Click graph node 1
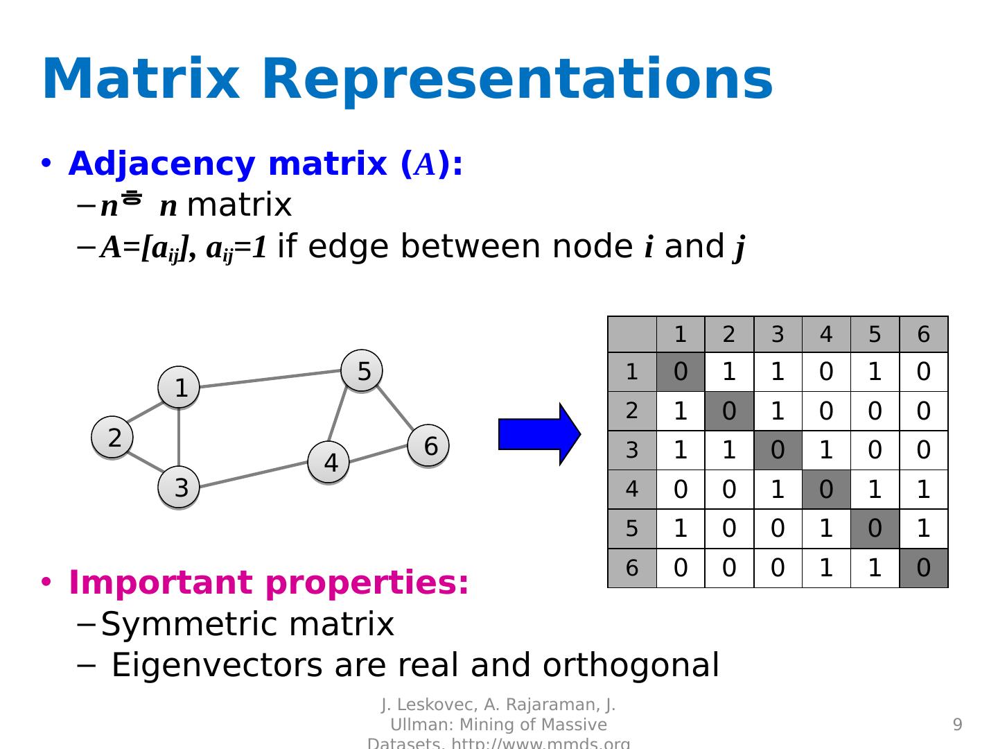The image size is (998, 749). coord(179,387)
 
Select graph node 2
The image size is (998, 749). coord(112,438)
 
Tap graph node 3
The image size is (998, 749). coord(179,488)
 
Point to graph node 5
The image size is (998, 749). coord(362,371)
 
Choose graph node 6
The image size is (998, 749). coord(428,446)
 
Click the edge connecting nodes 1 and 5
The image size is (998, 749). coord(270,378)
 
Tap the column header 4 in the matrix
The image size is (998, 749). coord(826,334)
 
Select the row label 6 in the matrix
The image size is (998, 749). coord(632,568)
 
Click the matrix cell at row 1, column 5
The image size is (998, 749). coord(875,372)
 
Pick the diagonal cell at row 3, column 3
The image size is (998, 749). coord(778,451)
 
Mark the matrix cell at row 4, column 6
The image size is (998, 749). coord(923,490)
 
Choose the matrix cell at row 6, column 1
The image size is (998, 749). coord(681,568)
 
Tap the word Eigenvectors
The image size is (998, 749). coord(217,665)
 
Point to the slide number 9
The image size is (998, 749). coord(958,725)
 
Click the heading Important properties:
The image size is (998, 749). coord(269,583)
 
